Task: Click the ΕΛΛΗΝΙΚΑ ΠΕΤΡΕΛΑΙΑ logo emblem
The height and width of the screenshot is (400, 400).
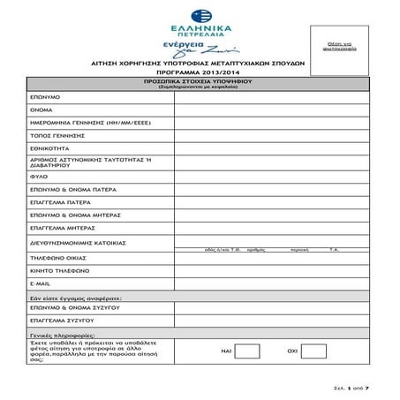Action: point(196,15)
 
